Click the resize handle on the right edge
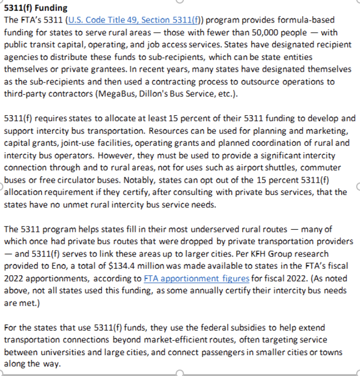click(x=357, y=186)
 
